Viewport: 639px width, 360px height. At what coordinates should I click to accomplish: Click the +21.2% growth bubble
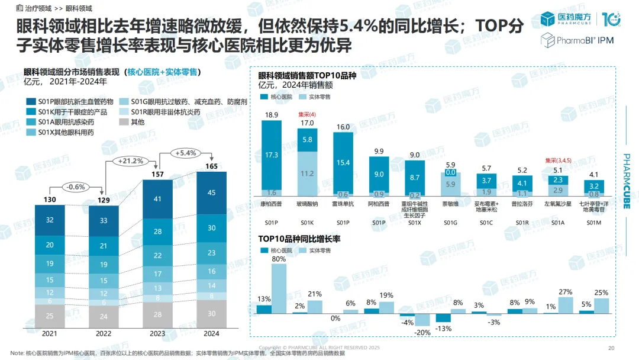coord(131,160)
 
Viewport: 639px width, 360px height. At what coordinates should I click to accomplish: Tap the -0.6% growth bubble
coord(76,187)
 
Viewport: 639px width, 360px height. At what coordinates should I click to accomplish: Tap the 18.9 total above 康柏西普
coord(272,115)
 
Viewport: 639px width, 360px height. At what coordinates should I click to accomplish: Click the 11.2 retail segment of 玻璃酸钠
coord(308,173)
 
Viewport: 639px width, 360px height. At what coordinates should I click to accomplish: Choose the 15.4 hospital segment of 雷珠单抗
coord(344,162)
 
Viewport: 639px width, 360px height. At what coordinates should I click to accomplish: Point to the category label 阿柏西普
coord(380,204)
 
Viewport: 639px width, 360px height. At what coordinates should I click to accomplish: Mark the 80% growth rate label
coord(278,259)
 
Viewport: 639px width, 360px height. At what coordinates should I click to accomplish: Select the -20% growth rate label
coord(422,332)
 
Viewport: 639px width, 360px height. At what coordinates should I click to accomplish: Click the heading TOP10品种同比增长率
coord(299,239)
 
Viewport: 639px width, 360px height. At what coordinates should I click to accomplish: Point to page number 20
coord(612,348)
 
